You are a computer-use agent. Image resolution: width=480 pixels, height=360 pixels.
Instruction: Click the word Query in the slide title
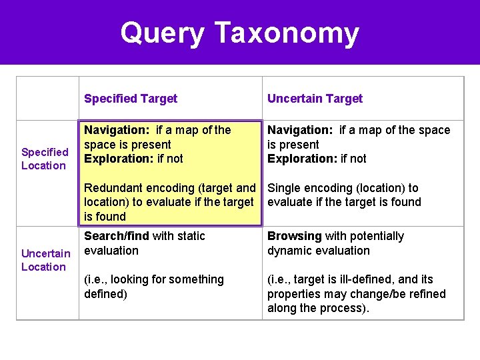click(162, 33)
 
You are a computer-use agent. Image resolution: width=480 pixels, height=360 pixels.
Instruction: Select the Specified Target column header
click(131, 99)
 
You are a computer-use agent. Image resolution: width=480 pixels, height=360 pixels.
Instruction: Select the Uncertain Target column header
click(315, 99)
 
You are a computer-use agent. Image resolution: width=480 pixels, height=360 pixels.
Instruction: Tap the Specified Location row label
click(45, 159)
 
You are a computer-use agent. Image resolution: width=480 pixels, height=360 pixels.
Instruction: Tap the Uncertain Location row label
click(45, 260)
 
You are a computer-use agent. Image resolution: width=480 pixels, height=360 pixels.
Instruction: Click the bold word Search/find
click(117, 236)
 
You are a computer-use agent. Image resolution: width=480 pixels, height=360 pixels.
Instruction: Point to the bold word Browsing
click(294, 236)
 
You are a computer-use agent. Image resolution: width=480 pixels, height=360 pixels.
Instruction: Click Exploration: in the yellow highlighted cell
click(117, 159)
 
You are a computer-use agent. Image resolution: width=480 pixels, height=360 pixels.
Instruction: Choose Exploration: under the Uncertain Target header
click(301, 159)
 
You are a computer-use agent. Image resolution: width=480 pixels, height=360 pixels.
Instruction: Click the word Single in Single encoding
click(283, 188)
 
